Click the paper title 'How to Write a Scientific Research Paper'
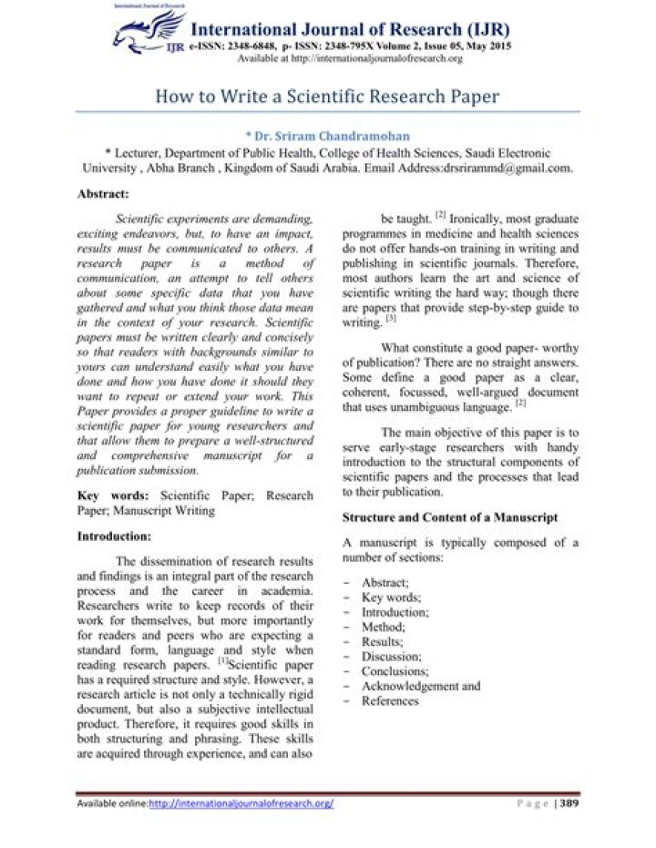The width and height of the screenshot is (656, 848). [327, 96]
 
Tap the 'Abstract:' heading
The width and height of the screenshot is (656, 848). [103, 194]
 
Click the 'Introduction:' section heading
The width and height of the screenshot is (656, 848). [114, 536]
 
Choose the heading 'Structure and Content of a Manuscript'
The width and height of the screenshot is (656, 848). [450, 517]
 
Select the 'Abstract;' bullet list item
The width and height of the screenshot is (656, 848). [384, 583]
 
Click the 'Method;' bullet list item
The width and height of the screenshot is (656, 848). [383, 627]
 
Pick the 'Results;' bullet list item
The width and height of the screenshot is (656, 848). [383, 641]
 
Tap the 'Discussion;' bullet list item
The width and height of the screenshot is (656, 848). [391, 657]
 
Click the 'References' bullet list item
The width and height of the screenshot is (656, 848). [390, 700]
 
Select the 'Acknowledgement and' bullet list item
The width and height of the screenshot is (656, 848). [420, 686]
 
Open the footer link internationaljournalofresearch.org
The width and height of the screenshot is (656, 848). [241, 803]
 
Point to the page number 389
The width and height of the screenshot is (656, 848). [569, 803]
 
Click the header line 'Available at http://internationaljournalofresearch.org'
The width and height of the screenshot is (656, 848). [350, 58]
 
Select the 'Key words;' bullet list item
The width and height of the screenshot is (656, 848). [391, 598]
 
